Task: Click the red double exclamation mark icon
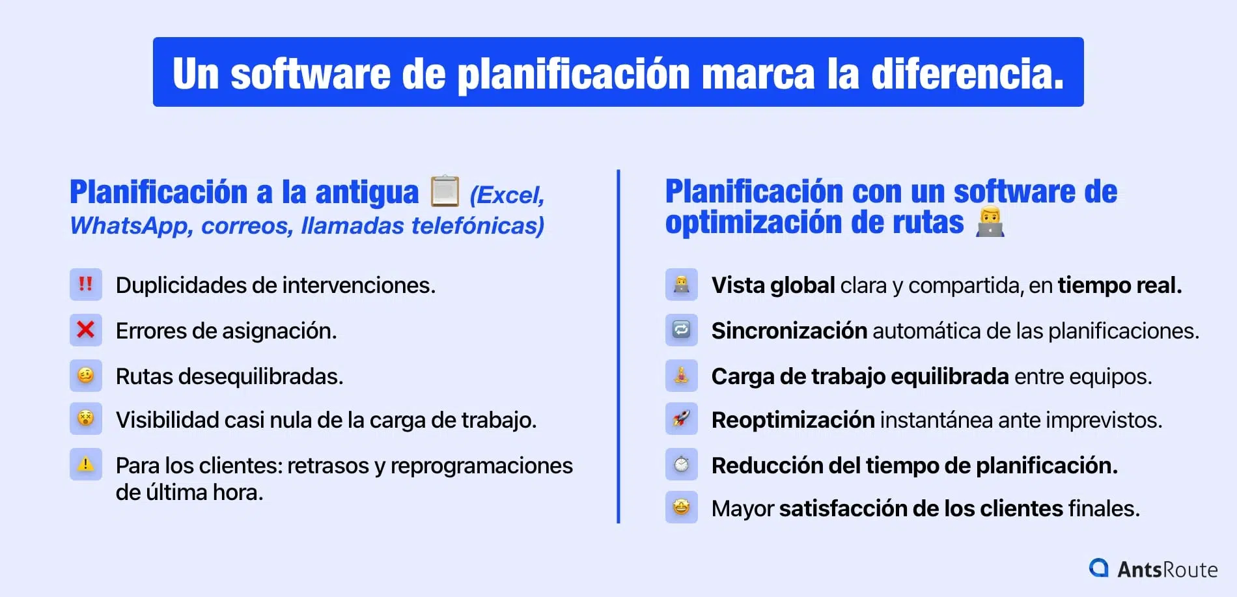(x=85, y=285)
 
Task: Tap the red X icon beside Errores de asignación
(x=85, y=330)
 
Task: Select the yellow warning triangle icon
(x=85, y=464)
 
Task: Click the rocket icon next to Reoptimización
(x=681, y=419)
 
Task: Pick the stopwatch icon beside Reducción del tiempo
(x=681, y=464)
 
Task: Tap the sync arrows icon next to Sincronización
(x=681, y=330)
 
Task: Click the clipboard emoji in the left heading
(x=445, y=191)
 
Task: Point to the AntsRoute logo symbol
(x=1099, y=568)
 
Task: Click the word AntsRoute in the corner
(x=1167, y=570)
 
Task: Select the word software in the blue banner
(x=311, y=74)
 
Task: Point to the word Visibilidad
(x=167, y=420)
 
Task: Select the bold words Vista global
(x=773, y=285)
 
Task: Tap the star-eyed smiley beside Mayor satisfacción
(x=681, y=507)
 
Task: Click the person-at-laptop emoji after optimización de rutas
(x=990, y=223)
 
